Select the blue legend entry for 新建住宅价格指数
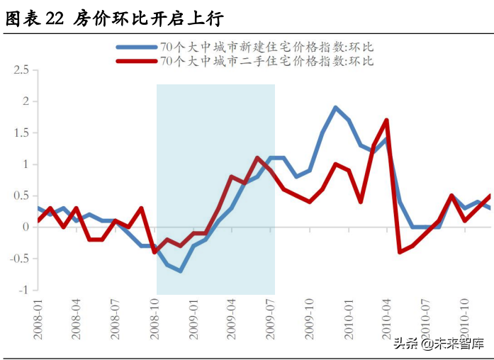(x=266, y=47)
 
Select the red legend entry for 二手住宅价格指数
(x=266, y=61)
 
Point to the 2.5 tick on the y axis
(x=21, y=70)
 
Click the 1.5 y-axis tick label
(x=21, y=133)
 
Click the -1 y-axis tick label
(x=23, y=290)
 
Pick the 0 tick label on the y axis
(x=26, y=227)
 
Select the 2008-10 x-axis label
(x=155, y=318)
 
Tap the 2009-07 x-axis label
(x=271, y=318)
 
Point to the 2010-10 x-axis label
(x=466, y=318)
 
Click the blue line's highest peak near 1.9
(x=335, y=108)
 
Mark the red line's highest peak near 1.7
(x=387, y=120)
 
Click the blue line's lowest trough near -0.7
(x=181, y=271)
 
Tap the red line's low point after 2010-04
(x=400, y=252)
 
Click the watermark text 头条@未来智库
(x=439, y=344)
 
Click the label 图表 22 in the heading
(x=35, y=19)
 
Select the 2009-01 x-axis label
(x=193, y=318)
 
